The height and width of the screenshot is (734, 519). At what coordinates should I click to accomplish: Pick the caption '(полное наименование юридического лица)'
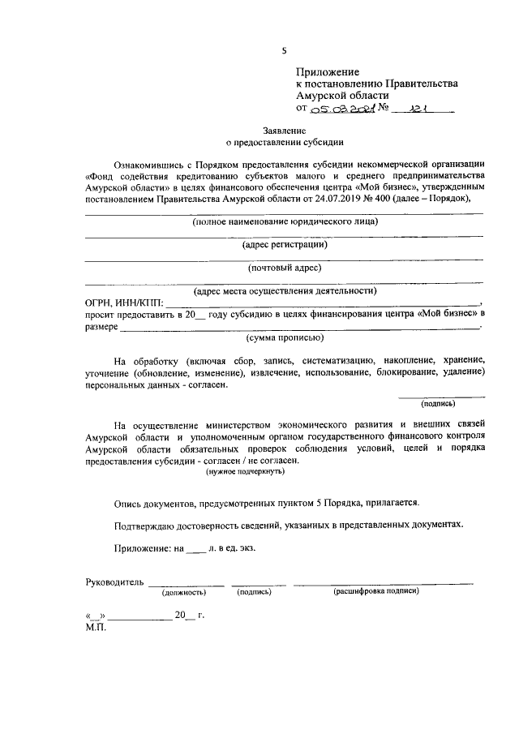click(x=285, y=221)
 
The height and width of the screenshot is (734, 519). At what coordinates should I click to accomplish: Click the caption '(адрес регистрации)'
click(x=285, y=244)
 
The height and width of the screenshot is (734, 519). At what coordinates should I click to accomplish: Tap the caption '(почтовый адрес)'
click(x=285, y=267)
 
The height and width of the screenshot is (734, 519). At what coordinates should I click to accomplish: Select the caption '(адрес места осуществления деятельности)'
click(x=285, y=290)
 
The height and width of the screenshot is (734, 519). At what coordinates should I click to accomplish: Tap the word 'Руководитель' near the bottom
click(x=115, y=582)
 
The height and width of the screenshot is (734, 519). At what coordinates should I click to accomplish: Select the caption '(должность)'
click(x=185, y=592)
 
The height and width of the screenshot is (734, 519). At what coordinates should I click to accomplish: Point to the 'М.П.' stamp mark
click(x=97, y=626)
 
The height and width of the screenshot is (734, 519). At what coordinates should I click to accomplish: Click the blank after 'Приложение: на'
click(x=196, y=547)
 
